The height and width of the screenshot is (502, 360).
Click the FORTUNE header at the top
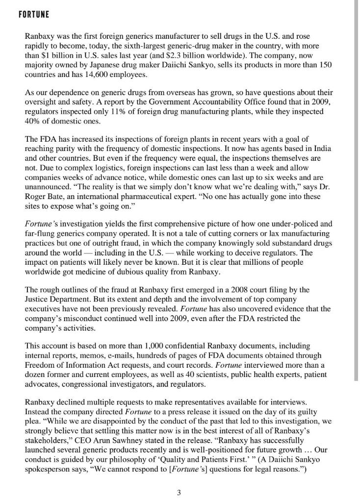34,15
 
